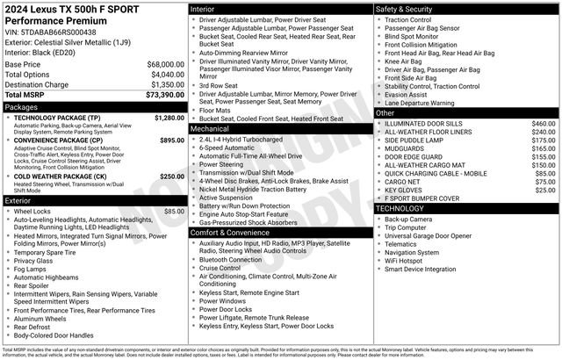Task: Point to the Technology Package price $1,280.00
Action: tap(169, 117)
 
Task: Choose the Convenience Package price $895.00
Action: tap(172, 140)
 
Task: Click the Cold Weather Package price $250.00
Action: tap(172, 176)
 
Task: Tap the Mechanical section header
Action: tap(210, 128)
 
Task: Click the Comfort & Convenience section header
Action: tap(231, 233)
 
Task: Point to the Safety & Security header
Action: tap(404, 9)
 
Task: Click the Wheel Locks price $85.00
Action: tap(174, 212)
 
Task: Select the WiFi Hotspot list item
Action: tap(409, 260)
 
